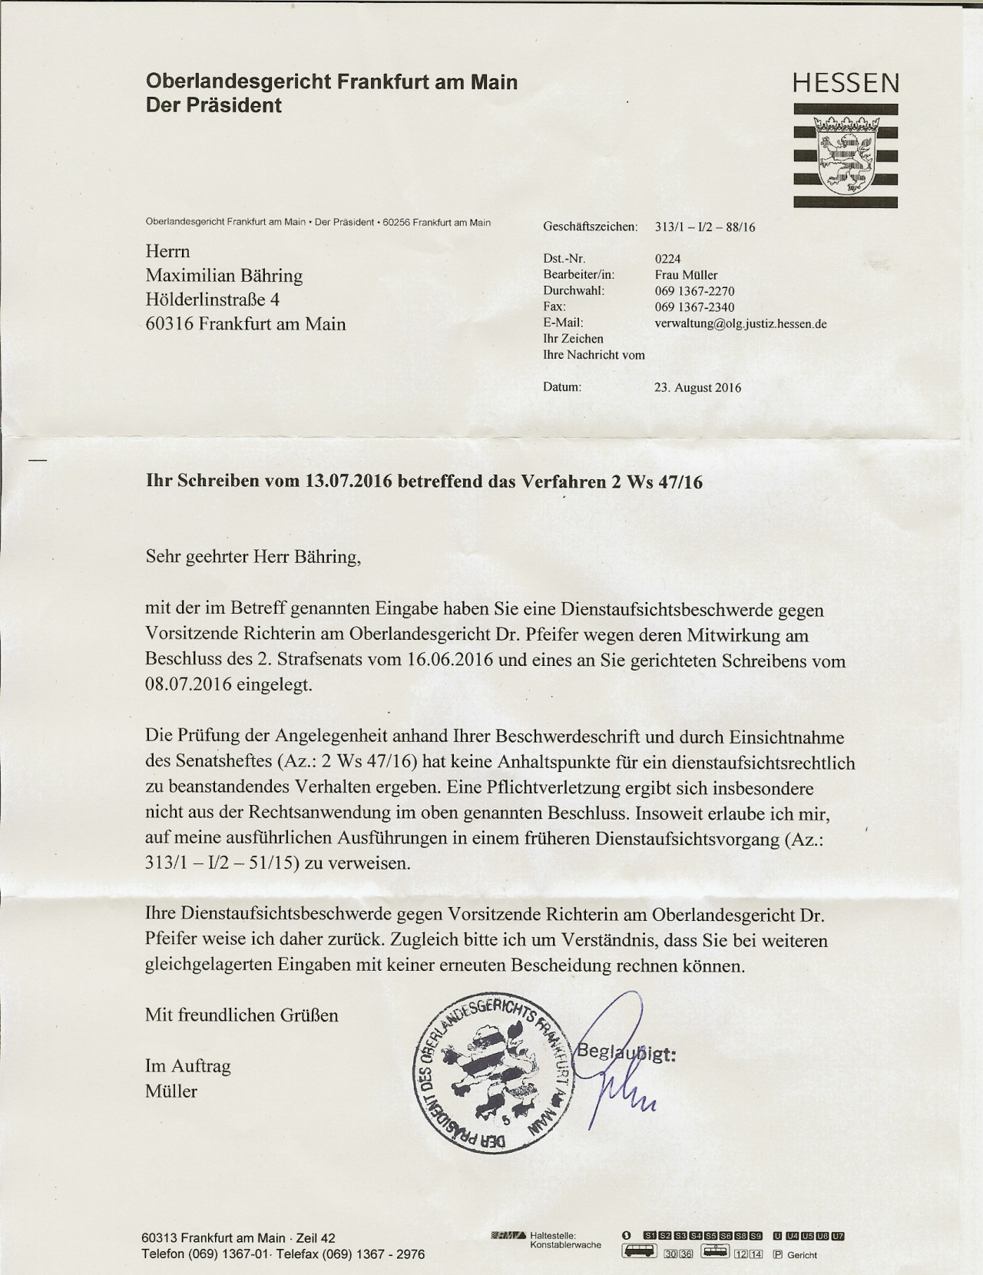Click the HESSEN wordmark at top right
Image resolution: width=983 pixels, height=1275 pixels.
(846, 83)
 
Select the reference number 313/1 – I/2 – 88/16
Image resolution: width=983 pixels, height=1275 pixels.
(705, 227)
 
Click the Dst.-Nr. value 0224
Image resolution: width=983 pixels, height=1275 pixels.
(667, 259)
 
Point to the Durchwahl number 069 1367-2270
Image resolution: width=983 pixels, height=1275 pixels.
(694, 291)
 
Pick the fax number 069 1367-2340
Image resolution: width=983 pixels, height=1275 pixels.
(694, 307)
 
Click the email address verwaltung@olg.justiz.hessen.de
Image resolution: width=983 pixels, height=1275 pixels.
(740, 323)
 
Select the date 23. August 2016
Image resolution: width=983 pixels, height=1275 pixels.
(697, 388)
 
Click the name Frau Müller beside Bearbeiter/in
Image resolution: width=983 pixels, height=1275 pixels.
(686, 275)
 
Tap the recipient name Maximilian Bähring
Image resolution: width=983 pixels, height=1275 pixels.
(224, 275)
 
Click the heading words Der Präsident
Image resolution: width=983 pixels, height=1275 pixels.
(213, 105)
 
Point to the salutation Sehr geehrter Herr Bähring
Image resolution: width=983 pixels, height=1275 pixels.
(253, 557)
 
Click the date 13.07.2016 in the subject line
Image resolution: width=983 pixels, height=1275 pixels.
(349, 482)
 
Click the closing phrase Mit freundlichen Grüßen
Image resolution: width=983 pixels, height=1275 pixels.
(241, 1015)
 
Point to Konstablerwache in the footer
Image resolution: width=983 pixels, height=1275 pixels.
(565, 1245)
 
